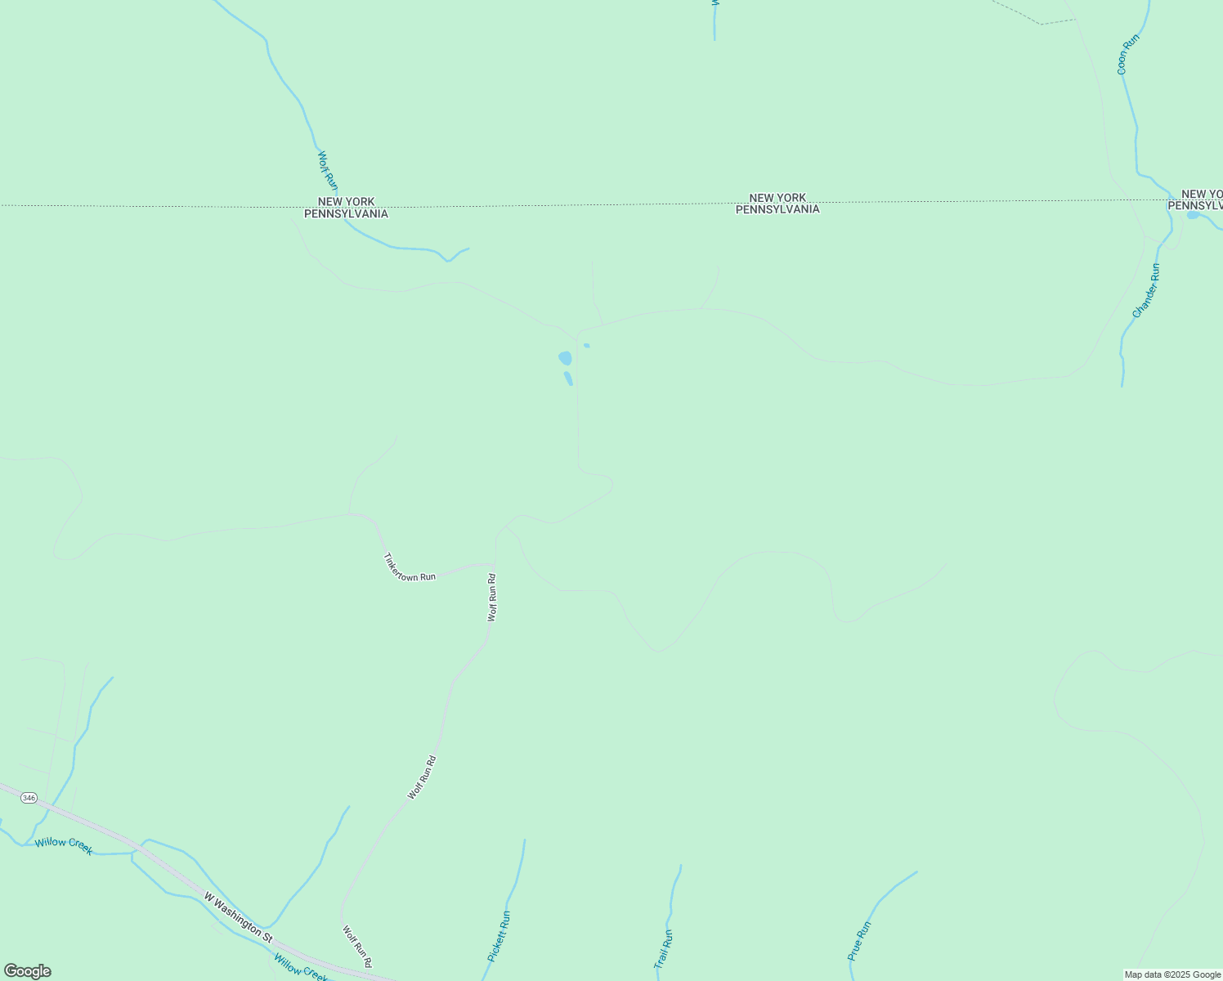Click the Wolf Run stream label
tap(327, 170)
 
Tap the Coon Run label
tap(1127, 54)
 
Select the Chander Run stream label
tap(1145, 290)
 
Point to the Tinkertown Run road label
tap(409, 568)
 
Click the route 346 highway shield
tap(29, 798)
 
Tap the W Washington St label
tap(238, 915)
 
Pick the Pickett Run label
tap(499, 936)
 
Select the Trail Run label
tap(663, 949)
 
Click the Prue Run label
tap(859, 941)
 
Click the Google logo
tap(27, 971)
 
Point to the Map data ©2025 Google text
tap(1172, 974)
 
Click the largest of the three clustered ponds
tap(565, 358)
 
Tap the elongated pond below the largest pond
tap(568, 379)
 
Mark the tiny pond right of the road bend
tap(587, 345)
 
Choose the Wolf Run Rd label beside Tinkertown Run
tap(492, 598)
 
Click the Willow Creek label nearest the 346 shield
tap(64, 845)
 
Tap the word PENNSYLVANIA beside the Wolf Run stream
tap(346, 214)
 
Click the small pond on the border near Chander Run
tap(1193, 215)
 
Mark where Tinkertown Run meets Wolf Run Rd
tap(495, 564)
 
